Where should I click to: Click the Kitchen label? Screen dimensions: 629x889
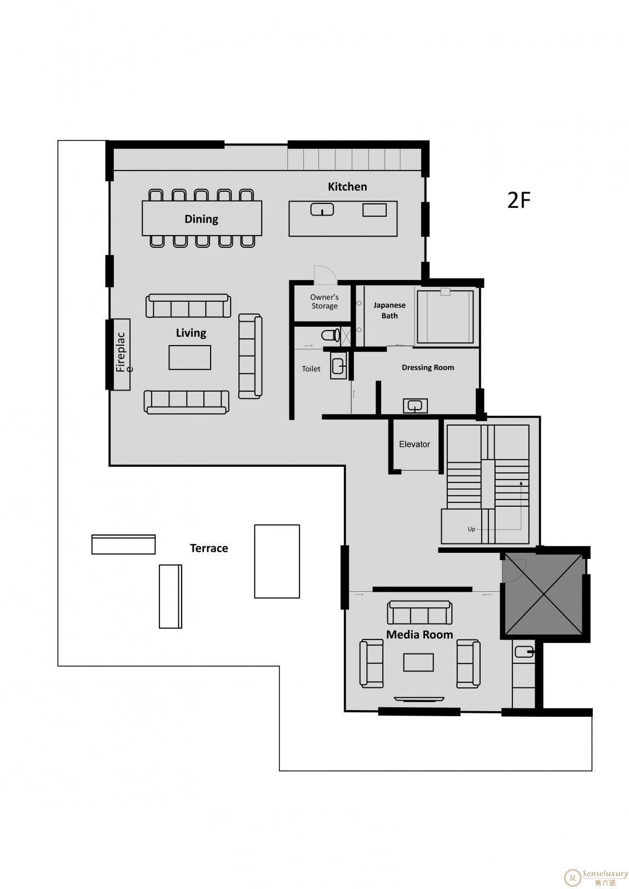(347, 187)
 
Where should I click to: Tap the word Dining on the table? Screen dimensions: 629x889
(201, 219)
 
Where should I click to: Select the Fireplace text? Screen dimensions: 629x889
(122, 352)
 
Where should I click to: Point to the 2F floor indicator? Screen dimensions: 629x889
(518, 200)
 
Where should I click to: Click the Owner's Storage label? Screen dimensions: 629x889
(324, 301)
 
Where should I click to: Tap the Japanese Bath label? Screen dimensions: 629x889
(390, 311)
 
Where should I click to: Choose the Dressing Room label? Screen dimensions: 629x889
(428, 367)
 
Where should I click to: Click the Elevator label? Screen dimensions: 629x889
(415, 444)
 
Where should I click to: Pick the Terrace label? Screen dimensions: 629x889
(209, 548)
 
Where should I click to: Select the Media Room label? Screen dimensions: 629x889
(420, 635)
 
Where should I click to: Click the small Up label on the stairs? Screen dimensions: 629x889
(471, 529)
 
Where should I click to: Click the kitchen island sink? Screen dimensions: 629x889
(322, 209)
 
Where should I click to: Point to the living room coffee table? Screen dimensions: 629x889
(189, 357)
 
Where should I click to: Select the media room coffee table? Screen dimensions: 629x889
(418, 662)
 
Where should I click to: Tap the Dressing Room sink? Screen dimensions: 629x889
(415, 406)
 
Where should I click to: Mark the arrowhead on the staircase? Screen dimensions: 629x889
(521, 483)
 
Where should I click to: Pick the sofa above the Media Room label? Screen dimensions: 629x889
(420, 612)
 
